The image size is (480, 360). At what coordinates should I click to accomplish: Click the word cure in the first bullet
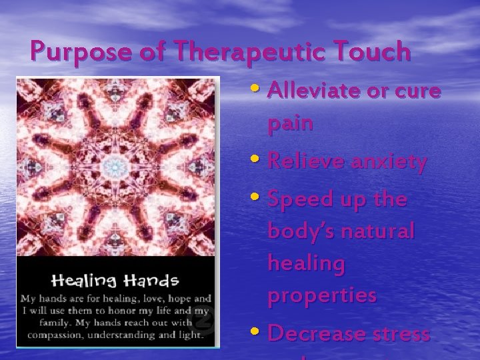point(417,91)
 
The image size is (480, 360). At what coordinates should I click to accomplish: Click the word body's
point(302,231)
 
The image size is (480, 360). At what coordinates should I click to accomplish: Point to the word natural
point(379,231)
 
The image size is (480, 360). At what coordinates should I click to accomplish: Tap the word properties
point(322,295)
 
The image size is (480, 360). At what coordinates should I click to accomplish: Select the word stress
point(402,333)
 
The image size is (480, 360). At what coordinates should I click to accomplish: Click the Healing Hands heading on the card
point(116,280)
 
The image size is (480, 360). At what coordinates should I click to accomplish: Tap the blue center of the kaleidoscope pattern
point(117,165)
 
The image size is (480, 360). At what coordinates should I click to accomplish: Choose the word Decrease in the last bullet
point(315,333)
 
